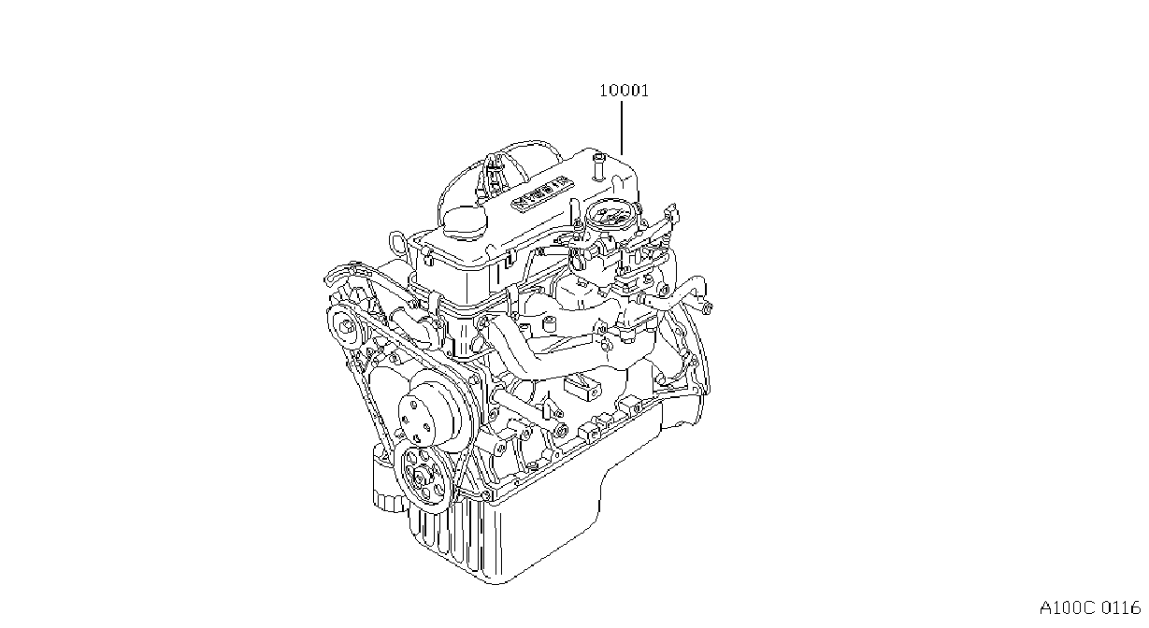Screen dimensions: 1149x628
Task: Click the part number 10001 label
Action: pyautogui.click(x=624, y=91)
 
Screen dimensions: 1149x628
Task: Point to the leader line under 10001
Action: pyautogui.click(x=622, y=128)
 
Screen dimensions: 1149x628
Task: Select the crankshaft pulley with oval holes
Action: pyautogui.click(x=423, y=478)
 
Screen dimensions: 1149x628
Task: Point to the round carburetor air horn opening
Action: pyautogui.click(x=610, y=213)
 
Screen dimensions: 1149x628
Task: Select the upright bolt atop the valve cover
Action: pyautogui.click(x=597, y=166)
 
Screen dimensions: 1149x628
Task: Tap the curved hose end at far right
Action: pyautogui.click(x=704, y=306)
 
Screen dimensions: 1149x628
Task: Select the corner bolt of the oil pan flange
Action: pyautogui.click(x=485, y=493)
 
